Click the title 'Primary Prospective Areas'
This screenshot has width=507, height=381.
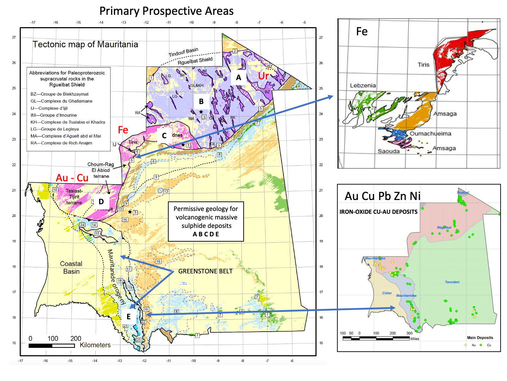tap(166, 11)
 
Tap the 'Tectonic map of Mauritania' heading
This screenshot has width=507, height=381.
tap(85, 44)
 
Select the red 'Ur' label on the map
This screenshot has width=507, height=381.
tap(263, 76)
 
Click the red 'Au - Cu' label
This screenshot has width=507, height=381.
tap(72, 178)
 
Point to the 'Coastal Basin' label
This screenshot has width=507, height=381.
tap(71, 268)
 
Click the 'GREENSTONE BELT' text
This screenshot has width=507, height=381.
tap(205, 271)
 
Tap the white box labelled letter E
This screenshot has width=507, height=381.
tap(129, 316)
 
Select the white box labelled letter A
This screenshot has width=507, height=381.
tap(239, 78)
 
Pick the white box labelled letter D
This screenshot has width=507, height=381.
tap(101, 202)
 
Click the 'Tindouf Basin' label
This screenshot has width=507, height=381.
tap(183, 52)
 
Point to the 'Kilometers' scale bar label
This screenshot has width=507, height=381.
tap(95, 345)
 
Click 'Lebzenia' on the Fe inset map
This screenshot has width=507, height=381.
tap(363, 85)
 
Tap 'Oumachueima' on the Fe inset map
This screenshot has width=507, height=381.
tap(430, 134)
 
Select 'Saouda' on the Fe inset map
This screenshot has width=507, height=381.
tap(388, 151)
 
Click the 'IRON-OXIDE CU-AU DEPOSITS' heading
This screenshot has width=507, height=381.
tap(378, 212)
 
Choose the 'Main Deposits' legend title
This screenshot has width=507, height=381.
tap(480, 338)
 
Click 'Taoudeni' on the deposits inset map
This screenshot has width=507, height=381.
tap(452, 282)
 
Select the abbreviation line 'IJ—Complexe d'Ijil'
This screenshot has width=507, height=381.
tap(49, 108)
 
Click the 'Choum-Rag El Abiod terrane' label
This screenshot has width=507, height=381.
tap(101, 170)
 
